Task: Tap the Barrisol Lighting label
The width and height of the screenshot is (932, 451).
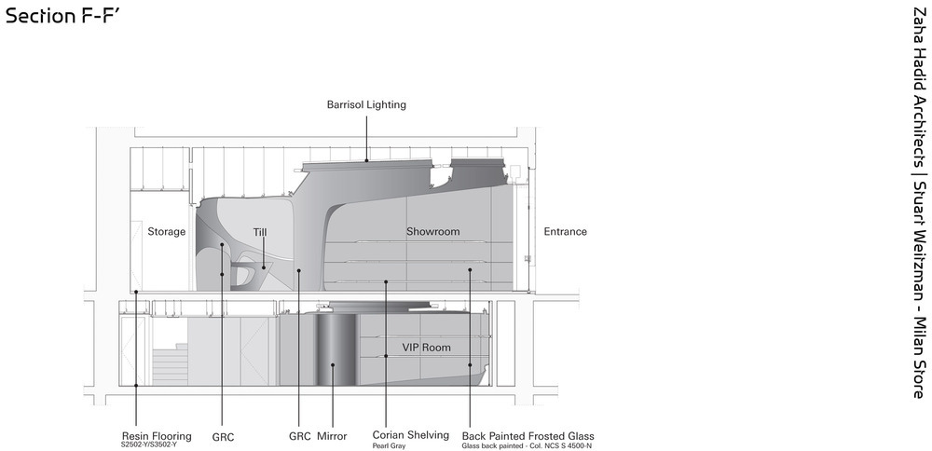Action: pos(366,105)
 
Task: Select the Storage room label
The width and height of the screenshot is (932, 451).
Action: pos(167,231)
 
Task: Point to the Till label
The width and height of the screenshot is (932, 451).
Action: pos(260,231)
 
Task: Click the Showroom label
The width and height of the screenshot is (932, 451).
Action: pos(432,231)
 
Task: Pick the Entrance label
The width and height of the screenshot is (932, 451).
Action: pos(565,231)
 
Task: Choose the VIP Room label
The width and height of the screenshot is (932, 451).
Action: pos(426,348)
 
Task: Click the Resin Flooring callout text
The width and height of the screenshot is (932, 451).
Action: pos(157,435)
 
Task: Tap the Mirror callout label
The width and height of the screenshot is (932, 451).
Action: pos(332,436)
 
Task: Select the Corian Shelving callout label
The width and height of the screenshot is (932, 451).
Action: pos(410,435)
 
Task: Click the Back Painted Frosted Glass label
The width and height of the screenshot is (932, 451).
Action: pos(528,435)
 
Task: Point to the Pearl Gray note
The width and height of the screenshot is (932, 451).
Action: pos(389,445)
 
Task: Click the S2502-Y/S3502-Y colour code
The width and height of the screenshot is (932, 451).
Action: pos(149,444)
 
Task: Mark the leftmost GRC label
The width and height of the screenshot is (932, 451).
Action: pos(224,436)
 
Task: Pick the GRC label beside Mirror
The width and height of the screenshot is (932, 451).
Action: pos(300,436)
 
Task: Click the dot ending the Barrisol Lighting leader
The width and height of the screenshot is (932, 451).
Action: pos(366,160)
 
